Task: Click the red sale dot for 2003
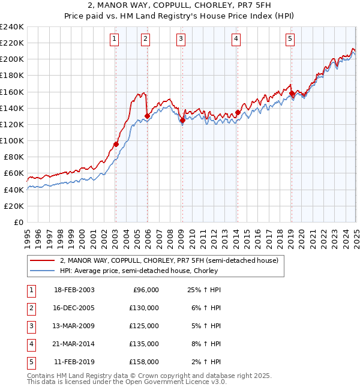(116, 144)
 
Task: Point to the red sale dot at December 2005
(147, 116)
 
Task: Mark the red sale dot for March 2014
(238, 112)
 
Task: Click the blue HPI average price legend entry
(152, 271)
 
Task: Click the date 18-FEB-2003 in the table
(74, 290)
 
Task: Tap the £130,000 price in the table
(144, 308)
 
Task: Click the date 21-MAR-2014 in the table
(74, 344)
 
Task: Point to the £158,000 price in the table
(144, 362)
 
